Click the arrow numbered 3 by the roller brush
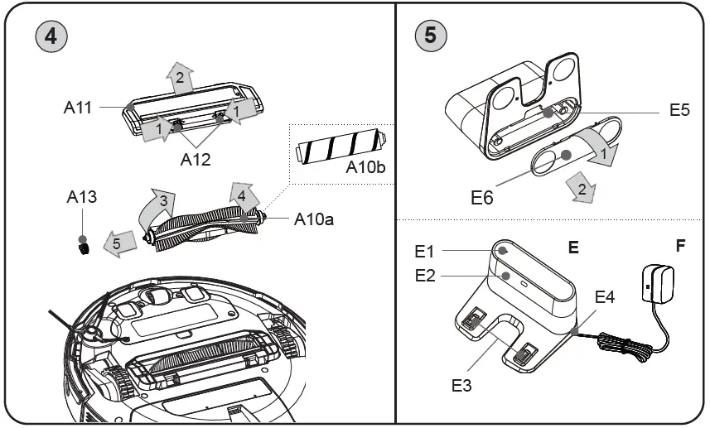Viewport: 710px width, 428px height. (158, 207)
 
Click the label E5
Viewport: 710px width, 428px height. (679, 111)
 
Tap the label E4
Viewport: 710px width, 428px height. (606, 296)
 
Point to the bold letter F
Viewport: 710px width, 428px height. (680, 246)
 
